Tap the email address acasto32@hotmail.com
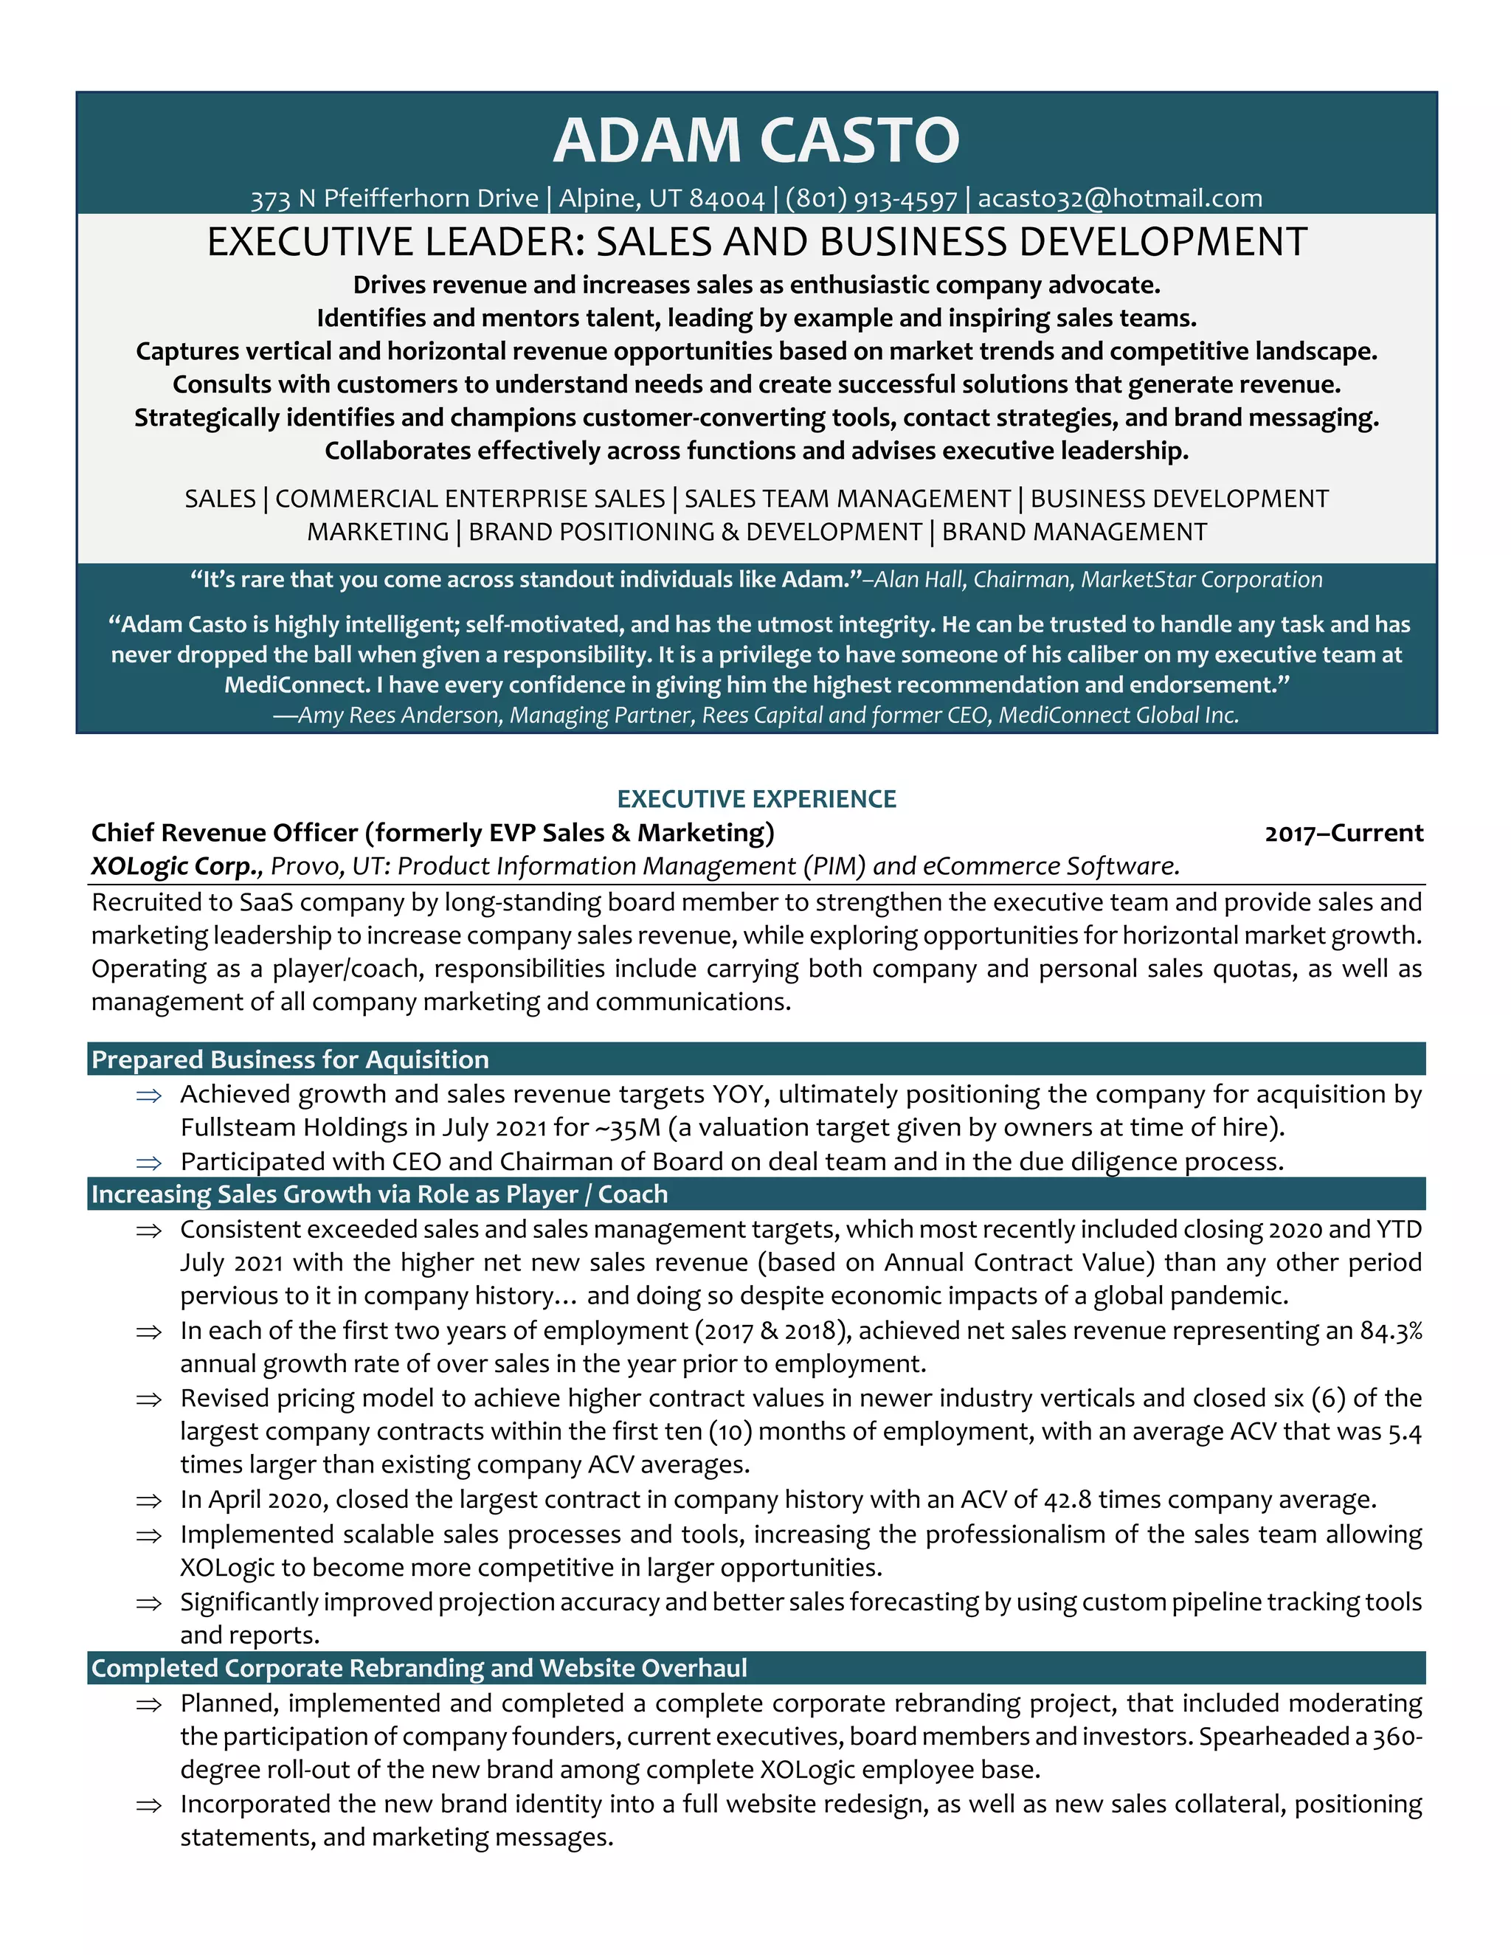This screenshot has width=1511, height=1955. tap(1120, 198)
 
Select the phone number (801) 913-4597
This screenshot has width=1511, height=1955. tap(871, 198)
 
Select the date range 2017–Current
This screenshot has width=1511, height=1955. tap(1343, 834)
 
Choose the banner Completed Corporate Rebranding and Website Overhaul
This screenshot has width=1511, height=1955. tap(419, 1668)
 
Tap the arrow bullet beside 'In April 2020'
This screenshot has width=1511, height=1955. tap(148, 1501)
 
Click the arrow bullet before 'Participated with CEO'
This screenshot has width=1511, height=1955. tap(148, 1163)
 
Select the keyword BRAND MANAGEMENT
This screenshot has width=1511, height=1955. tap(1073, 533)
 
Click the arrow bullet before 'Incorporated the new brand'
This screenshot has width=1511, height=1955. tap(148, 1805)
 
